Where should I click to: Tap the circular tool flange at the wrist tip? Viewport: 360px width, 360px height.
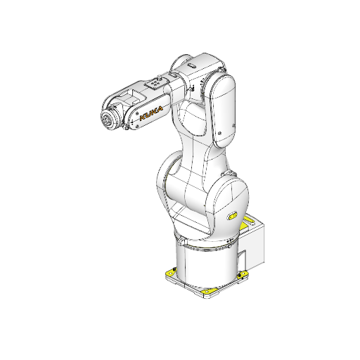[x=110, y=120]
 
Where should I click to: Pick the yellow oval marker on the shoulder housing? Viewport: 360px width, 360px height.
[x=233, y=215]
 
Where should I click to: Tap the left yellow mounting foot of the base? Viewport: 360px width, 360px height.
[x=170, y=273]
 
